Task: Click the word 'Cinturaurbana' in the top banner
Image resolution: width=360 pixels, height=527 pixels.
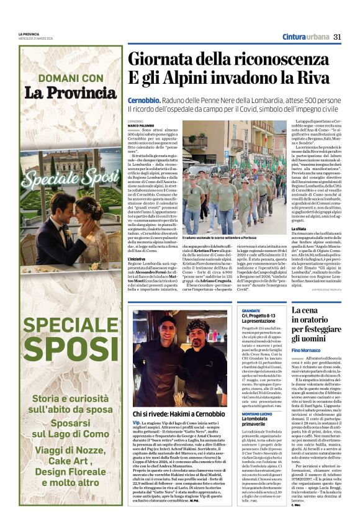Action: pos(305,37)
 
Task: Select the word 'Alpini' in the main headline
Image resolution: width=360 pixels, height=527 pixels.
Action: pos(187,79)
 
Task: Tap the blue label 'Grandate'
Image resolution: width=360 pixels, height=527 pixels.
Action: pos(251,310)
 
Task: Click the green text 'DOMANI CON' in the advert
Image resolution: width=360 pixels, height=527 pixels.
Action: pos(71,78)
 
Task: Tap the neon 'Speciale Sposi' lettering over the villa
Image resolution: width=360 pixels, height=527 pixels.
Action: pos(71,175)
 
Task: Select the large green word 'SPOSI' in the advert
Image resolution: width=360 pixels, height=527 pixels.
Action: pos(71,349)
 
